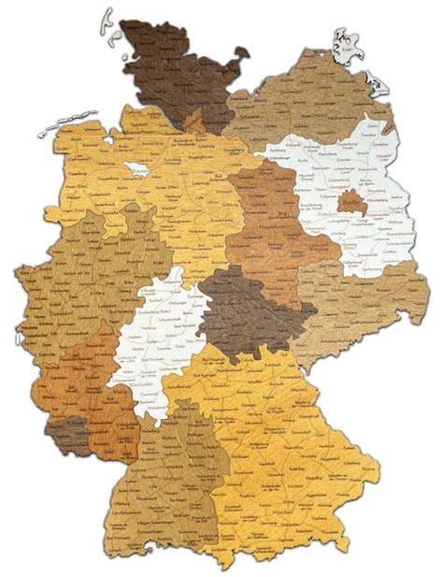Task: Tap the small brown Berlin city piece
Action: pos(350,202)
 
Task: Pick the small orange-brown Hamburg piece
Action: pos(194,122)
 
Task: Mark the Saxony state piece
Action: pos(360,299)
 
